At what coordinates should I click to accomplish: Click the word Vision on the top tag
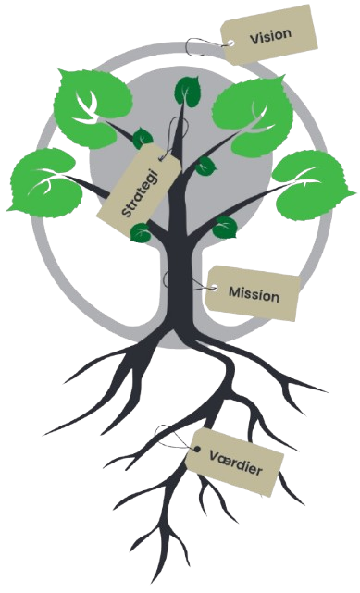tap(271, 35)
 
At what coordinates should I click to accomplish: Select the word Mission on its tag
tap(254, 294)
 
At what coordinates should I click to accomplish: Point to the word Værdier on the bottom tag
tap(236, 463)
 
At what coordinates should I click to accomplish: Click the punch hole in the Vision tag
tap(231, 43)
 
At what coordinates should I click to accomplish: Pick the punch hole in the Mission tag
tap(215, 289)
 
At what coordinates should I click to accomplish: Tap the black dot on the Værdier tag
tap(197, 449)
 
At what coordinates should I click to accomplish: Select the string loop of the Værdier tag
tap(174, 438)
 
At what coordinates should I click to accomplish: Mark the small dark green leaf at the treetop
tap(188, 90)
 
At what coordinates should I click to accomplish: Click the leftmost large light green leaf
tap(44, 183)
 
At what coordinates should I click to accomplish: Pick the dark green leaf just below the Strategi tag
tap(141, 232)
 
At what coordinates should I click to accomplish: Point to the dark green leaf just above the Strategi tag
tap(143, 138)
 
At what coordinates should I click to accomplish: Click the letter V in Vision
tap(254, 39)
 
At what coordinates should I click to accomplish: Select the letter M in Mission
tap(235, 292)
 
